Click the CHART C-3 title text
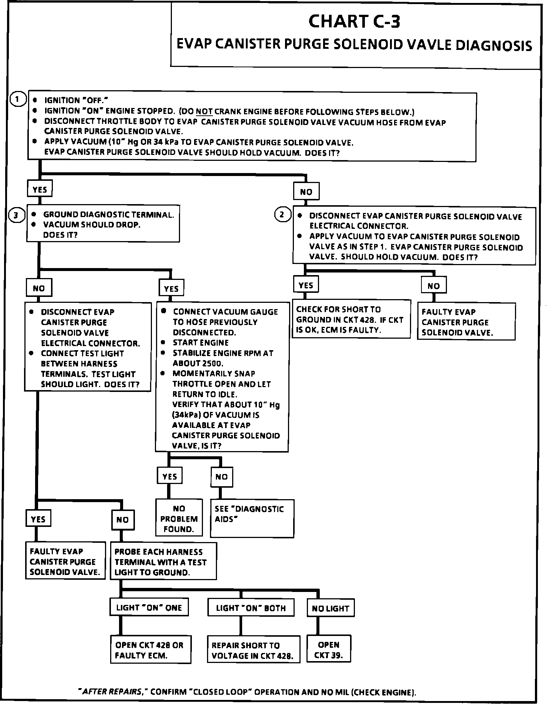tap(354, 21)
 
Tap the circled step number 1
tap(17, 99)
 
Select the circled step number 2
tap(282, 214)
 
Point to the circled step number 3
tap(16, 215)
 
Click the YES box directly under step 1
tap(40, 190)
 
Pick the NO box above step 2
tap(306, 192)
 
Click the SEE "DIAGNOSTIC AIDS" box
tap(252, 518)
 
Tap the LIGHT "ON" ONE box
tap(149, 608)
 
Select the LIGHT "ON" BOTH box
tap(251, 608)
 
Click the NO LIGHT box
tap(330, 609)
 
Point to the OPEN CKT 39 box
tap(328, 650)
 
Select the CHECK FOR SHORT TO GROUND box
tap(351, 319)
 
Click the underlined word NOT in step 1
tap(204, 112)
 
